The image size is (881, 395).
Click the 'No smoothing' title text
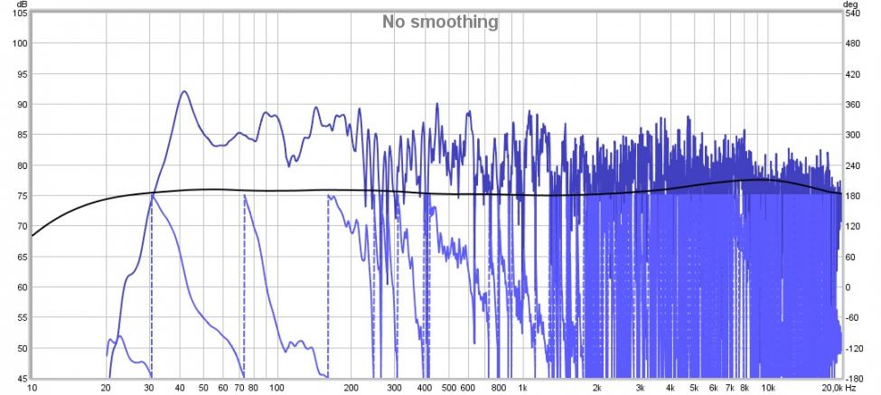coord(439,22)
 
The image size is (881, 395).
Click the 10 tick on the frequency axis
coord(33,387)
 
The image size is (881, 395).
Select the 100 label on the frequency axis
coord(276,387)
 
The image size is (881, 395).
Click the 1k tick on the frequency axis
coord(521,387)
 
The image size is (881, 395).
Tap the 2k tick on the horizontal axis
coord(595,387)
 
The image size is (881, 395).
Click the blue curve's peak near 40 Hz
coord(184,91)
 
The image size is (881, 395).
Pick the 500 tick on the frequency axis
coord(447,387)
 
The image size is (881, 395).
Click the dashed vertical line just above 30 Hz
coord(151,289)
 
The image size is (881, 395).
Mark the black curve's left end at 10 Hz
coord(33,236)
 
